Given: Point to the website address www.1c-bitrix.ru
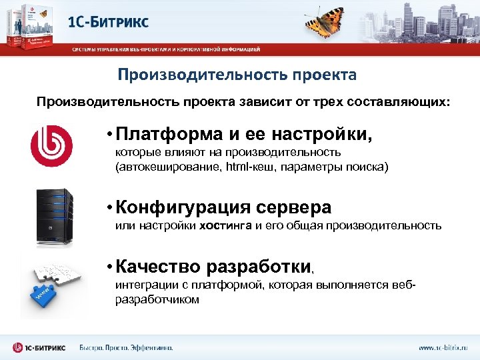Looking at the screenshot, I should (443, 347).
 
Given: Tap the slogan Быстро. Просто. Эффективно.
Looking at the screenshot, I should (126, 347).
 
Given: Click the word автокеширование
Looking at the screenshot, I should (158, 165).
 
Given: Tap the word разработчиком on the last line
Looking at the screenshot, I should (157, 299).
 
